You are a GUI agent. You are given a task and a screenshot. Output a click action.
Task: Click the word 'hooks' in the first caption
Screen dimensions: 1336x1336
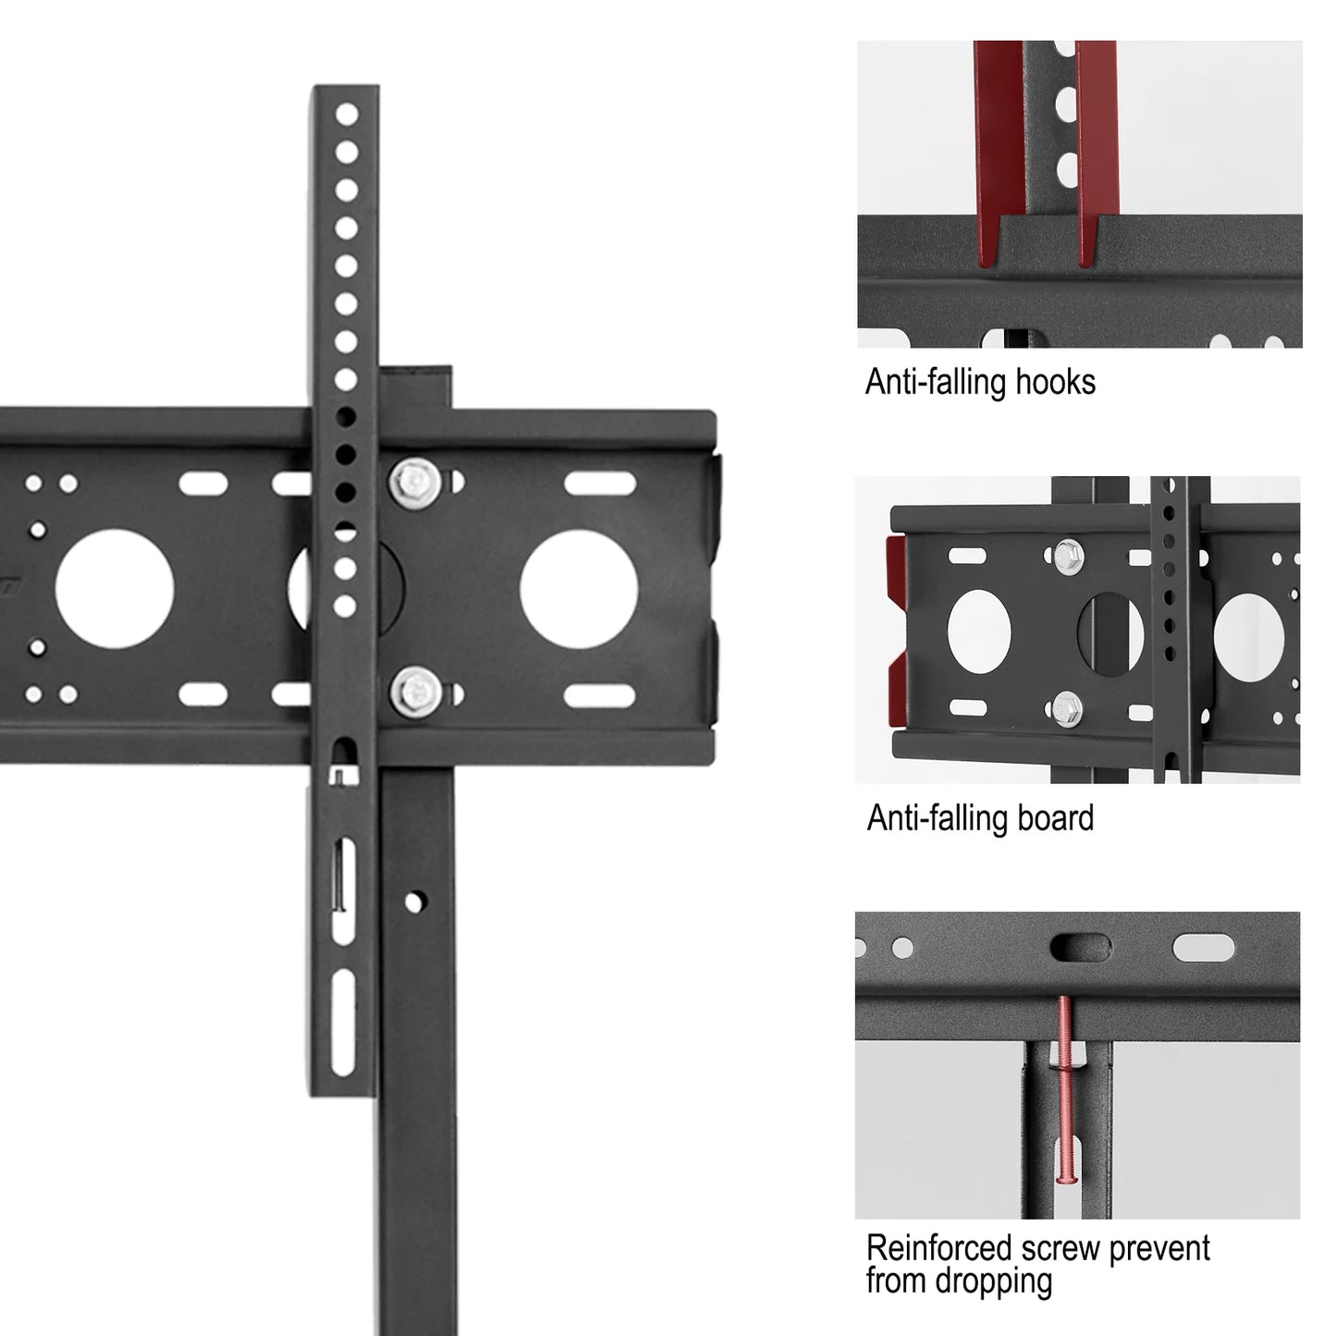1055,381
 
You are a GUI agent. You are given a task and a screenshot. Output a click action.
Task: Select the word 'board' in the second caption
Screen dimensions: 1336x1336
1053,818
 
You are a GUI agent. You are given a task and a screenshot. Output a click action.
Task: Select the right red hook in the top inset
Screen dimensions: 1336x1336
1094,157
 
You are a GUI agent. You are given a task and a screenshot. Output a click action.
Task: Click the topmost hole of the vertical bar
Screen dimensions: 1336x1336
347,115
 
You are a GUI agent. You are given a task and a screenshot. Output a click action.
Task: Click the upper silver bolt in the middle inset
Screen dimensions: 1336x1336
1068,553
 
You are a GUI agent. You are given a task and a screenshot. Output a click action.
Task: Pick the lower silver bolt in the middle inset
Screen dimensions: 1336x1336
1068,706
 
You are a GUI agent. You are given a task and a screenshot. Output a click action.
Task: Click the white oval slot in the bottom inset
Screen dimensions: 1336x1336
1203,948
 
